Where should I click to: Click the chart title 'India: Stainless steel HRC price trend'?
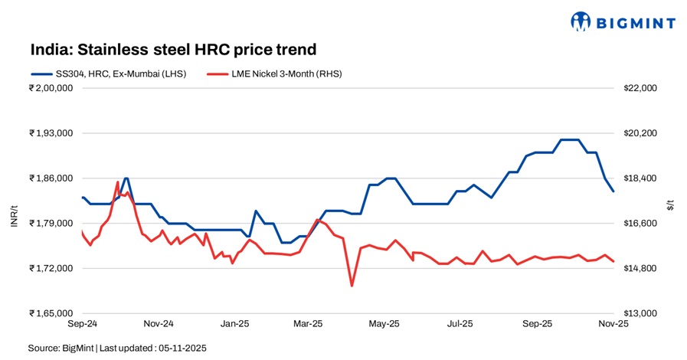[x=173, y=50]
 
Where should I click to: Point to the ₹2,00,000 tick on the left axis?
[x=51, y=88]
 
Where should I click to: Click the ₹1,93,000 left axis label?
[x=51, y=133]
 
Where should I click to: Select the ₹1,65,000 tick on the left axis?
[x=51, y=313]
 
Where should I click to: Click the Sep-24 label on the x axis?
[x=81, y=324]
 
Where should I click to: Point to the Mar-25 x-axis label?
[x=309, y=324]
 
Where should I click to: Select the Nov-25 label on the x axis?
[x=613, y=324]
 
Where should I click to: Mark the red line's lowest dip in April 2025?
[x=352, y=286]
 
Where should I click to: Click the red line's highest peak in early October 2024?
[x=117, y=182]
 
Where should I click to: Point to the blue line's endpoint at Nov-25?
[x=613, y=191]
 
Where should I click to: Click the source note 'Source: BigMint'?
[x=61, y=348]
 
